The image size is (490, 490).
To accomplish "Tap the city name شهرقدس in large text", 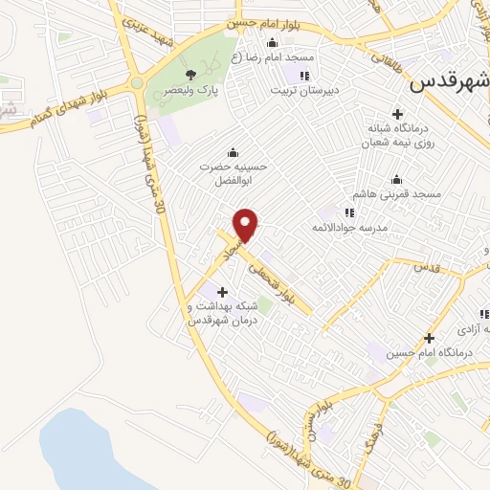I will tap(449, 82).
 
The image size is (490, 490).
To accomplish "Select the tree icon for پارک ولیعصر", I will tap(191, 74).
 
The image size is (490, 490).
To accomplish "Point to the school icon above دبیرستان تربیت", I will tap(305, 76).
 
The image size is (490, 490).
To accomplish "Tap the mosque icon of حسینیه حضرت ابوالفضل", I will tap(232, 151).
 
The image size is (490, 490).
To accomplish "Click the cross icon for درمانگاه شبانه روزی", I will tap(397, 114).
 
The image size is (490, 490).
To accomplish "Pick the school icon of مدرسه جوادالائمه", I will tap(349, 212).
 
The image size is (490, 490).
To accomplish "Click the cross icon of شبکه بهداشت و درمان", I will tap(223, 292).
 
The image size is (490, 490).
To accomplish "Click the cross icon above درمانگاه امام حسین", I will tap(430, 338).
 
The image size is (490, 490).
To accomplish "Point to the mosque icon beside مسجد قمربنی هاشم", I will tap(396, 179).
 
